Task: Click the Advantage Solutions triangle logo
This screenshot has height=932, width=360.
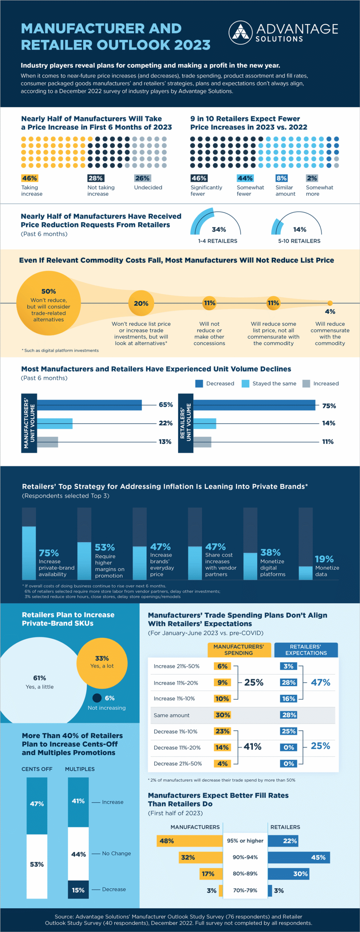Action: (x=240, y=33)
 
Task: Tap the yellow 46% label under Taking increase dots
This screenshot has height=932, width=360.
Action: (x=29, y=178)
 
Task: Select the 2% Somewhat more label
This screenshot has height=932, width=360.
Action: (x=312, y=178)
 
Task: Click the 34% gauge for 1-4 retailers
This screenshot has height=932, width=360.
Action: (x=215, y=224)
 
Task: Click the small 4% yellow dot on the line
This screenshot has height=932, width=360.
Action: (x=330, y=303)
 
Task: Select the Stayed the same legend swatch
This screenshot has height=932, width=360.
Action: (x=245, y=383)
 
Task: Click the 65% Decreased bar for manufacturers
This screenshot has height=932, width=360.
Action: (x=89, y=405)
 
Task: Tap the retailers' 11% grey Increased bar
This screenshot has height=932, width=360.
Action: (x=202, y=442)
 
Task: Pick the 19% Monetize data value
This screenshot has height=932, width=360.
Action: (x=324, y=559)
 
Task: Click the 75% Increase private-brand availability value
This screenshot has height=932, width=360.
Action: (x=49, y=553)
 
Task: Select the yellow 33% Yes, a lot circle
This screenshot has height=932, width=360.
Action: (x=102, y=663)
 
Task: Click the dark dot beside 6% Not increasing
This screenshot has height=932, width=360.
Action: (x=97, y=698)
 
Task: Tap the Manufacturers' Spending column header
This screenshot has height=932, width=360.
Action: (x=239, y=650)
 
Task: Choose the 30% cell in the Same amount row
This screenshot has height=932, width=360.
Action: (x=222, y=715)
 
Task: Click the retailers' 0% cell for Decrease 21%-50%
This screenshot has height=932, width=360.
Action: (x=289, y=763)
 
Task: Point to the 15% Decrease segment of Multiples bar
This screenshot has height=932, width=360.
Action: (x=78, y=890)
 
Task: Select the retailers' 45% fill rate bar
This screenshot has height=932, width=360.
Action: (x=299, y=857)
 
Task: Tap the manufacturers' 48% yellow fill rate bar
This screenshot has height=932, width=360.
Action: (x=189, y=841)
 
